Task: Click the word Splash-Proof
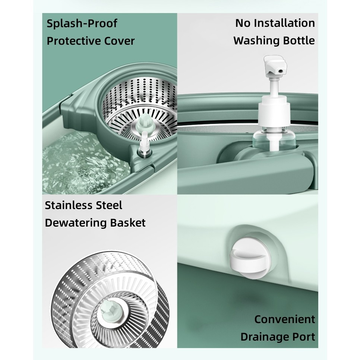(82, 23)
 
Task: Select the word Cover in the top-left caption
(119, 41)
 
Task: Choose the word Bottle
(299, 40)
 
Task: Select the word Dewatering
(76, 223)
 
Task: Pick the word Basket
(128, 223)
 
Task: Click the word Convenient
(285, 319)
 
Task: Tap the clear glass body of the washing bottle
(274, 139)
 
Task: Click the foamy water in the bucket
(83, 163)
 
